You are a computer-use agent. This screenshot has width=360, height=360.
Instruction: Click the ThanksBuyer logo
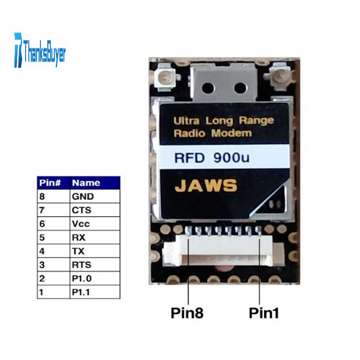[40, 50]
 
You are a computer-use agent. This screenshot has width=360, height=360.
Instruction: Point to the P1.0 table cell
[81, 278]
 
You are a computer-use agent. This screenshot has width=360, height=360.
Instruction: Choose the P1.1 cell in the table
[81, 292]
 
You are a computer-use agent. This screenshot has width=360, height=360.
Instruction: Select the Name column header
[86, 183]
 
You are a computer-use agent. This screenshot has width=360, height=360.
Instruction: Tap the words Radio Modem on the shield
[212, 133]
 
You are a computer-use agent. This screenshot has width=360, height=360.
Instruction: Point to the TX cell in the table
[78, 251]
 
